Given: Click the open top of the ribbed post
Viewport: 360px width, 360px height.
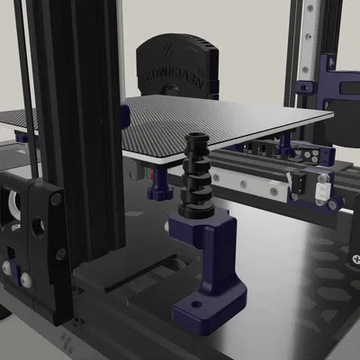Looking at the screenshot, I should tap(197, 139).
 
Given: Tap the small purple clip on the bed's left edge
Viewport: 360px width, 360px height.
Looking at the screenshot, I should tap(125, 114).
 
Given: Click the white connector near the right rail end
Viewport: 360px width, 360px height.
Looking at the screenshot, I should tap(321, 191).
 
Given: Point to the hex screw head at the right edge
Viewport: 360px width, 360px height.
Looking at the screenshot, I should tap(352, 256).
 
